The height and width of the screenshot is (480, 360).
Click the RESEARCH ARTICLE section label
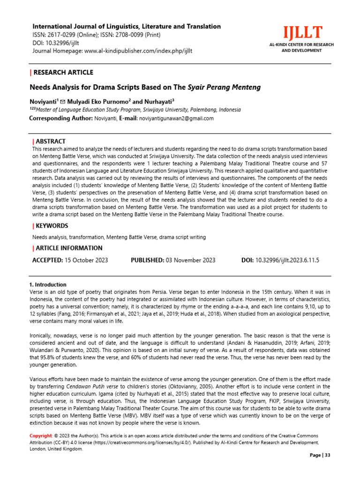coord(63,72)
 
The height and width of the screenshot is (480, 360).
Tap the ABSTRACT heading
coord(51,141)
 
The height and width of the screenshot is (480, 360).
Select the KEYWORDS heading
coord(52,226)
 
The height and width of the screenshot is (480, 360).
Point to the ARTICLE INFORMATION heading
coord(69,248)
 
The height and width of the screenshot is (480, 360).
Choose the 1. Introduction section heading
coord(48,285)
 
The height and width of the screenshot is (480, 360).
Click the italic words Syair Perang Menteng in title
coord(224,87)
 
